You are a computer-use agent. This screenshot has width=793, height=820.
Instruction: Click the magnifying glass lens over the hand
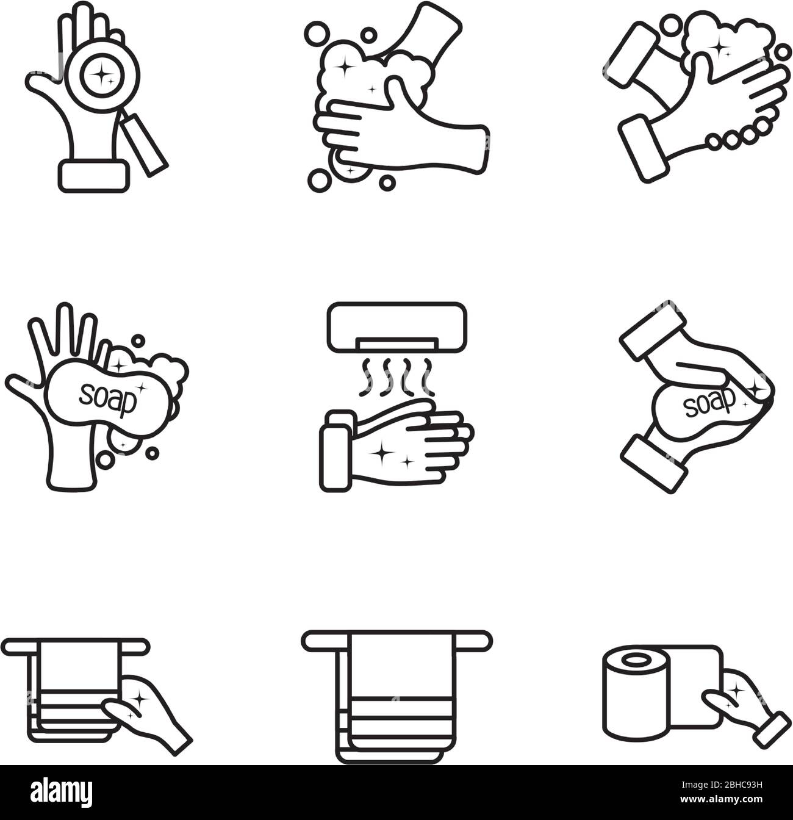click(x=102, y=76)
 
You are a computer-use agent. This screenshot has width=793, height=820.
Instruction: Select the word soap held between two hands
click(x=709, y=403)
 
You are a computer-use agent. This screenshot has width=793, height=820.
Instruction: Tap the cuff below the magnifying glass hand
click(x=94, y=176)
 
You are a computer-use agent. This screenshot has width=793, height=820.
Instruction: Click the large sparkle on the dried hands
click(x=382, y=453)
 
